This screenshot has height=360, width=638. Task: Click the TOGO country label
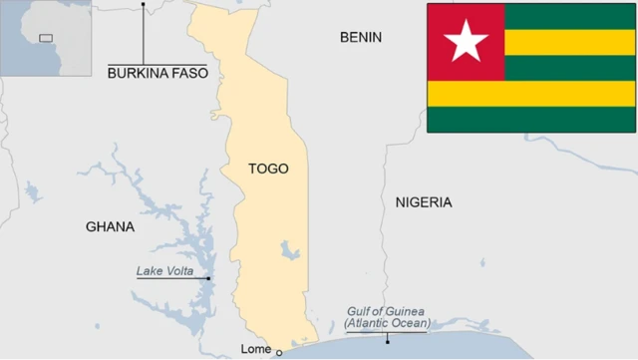(268, 169)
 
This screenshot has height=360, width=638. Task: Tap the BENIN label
(360, 37)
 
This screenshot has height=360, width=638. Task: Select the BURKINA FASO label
(158, 73)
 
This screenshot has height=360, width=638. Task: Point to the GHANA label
(110, 226)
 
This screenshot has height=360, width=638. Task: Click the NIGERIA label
(423, 202)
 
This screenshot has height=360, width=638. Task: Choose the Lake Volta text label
(171, 270)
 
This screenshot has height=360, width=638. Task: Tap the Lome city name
(256, 348)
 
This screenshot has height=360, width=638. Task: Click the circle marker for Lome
(279, 352)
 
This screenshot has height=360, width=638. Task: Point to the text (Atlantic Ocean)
(388, 324)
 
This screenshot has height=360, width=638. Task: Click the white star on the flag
(466, 42)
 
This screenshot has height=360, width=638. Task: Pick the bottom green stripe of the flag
(530, 119)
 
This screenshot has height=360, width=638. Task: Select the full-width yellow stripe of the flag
(530, 94)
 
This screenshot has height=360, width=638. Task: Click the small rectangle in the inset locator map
(45, 38)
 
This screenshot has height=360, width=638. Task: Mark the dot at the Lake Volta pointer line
(208, 278)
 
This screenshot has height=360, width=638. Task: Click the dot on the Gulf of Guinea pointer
(388, 342)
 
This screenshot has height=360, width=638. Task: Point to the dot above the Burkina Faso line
(143, 4)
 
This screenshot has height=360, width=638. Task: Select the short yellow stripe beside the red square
(569, 42)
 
